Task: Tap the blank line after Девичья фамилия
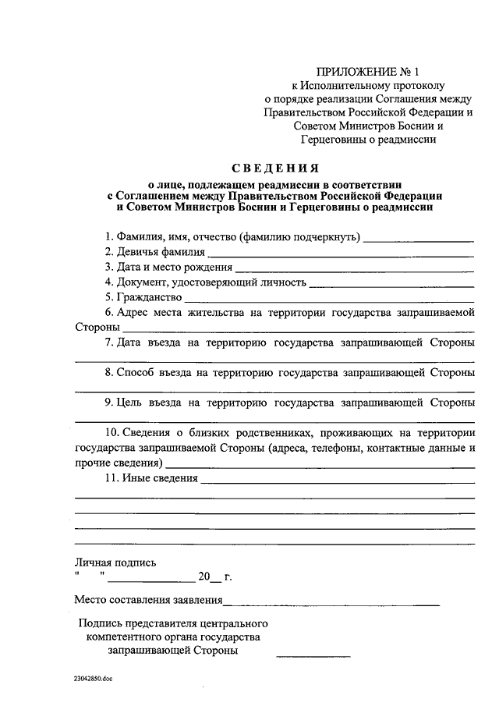(x=341, y=255)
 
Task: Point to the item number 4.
(x=108, y=282)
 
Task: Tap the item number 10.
(x=111, y=433)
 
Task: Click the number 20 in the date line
(x=204, y=577)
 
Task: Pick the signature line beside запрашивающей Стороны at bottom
(x=313, y=655)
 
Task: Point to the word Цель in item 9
(x=128, y=403)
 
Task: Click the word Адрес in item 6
(x=134, y=312)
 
